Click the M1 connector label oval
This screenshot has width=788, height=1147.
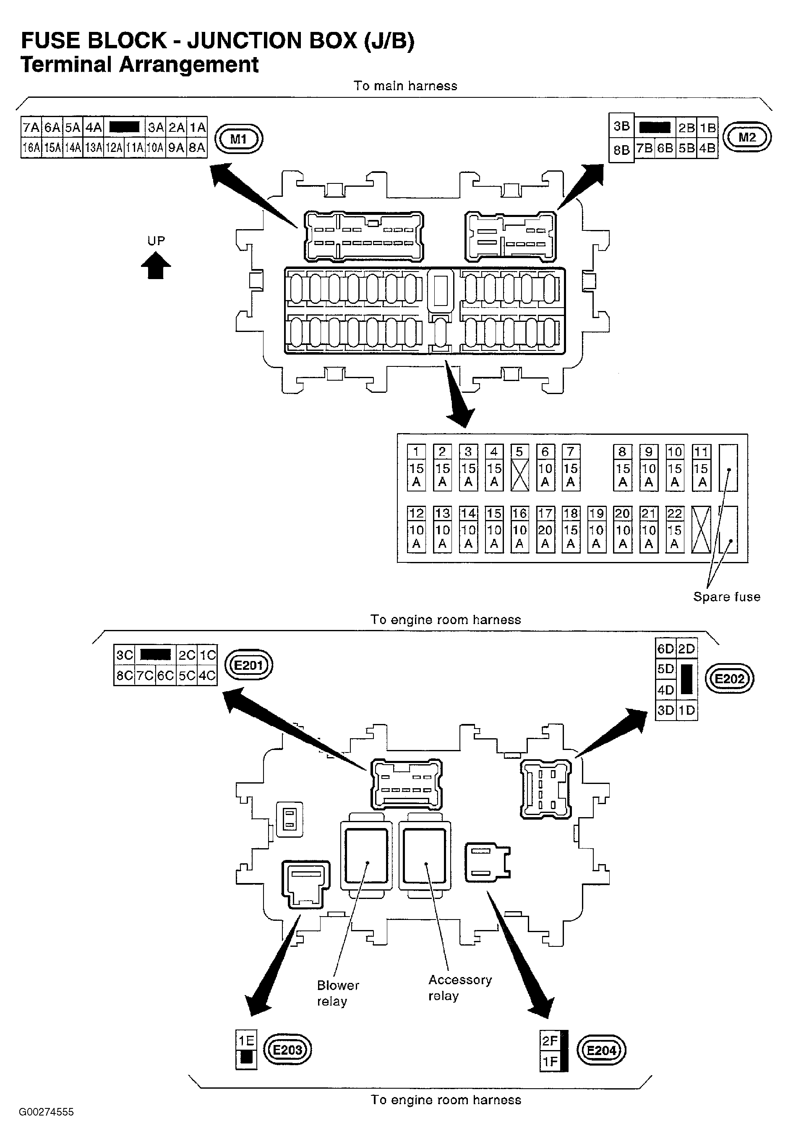(x=238, y=139)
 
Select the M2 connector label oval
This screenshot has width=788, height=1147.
(x=747, y=137)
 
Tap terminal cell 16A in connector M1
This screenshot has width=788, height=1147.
(x=31, y=148)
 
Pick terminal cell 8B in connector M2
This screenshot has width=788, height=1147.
(x=621, y=149)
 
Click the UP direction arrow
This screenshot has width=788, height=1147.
(x=156, y=265)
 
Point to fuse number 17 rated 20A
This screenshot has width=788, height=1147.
(x=545, y=529)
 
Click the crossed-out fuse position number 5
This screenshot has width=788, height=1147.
(x=519, y=468)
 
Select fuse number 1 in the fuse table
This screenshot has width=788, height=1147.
(x=416, y=468)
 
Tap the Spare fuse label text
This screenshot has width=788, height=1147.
(x=726, y=596)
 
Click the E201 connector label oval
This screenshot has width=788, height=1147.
(x=248, y=665)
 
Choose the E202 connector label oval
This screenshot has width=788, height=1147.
(x=729, y=679)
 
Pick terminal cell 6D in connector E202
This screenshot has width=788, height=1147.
(x=665, y=648)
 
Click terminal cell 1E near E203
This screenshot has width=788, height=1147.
(x=246, y=1041)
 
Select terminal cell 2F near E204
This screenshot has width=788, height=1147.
(x=550, y=1041)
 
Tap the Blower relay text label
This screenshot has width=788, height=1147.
(x=338, y=993)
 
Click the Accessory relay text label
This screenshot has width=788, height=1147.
(x=460, y=988)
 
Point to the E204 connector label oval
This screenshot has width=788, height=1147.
(x=601, y=1050)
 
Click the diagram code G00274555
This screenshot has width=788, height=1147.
(x=47, y=1112)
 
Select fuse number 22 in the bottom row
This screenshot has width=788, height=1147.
(x=674, y=529)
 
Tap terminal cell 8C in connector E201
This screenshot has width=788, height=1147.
(x=125, y=675)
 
